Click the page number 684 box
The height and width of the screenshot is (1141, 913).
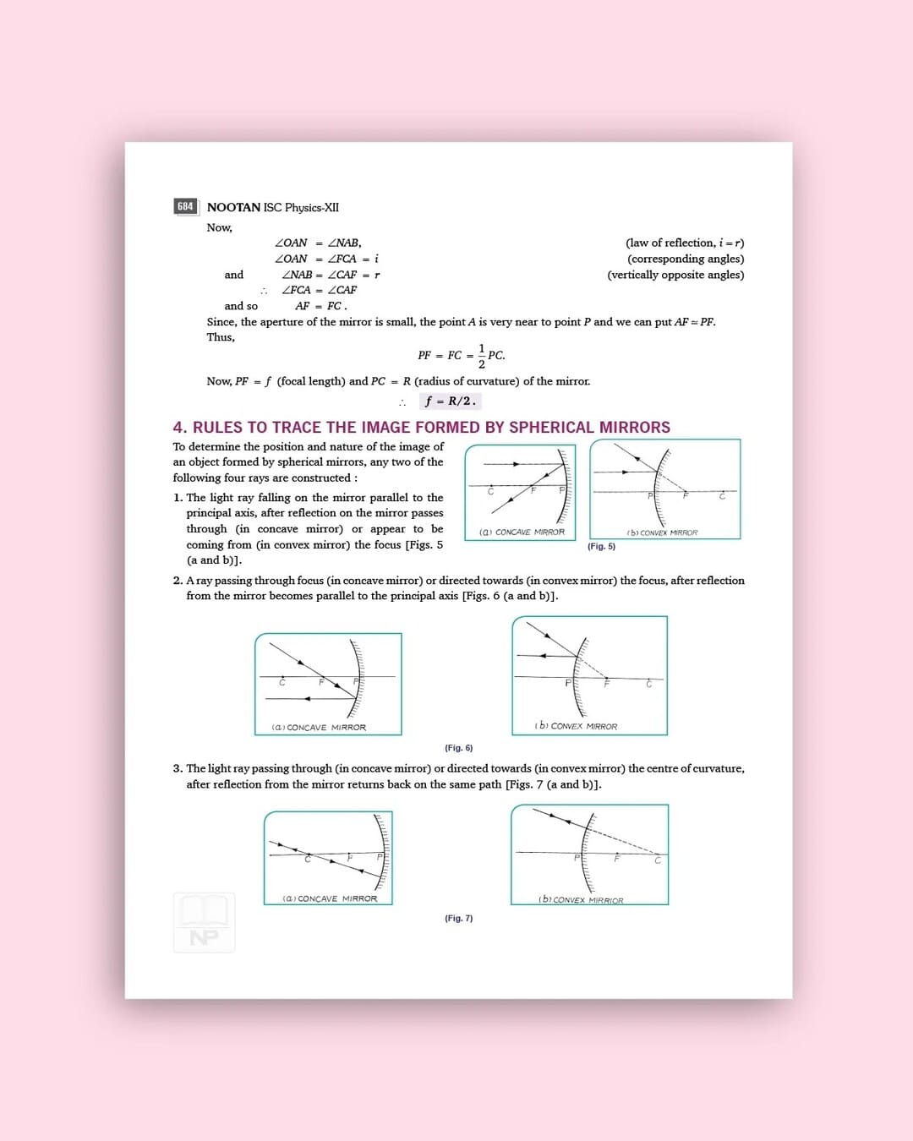pyautogui.click(x=185, y=206)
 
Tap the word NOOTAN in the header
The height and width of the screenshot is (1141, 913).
pyautogui.click(x=233, y=207)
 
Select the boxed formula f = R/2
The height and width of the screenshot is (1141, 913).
pyautogui.click(x=451, y=401)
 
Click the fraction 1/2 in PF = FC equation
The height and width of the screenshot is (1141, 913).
pyautogui.click(x=482, y=356)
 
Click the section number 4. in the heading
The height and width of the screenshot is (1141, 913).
pyautogui.click(x=180, y=428)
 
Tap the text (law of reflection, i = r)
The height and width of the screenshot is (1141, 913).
pyautogui.click(x=685, y=243)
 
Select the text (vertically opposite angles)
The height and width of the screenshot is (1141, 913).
pyautogui.click(x=675, y=275)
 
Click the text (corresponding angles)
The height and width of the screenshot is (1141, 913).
pyautogui.click(x=686, y=259)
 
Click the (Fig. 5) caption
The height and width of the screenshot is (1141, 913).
pyautogui.click(x=601, y=547)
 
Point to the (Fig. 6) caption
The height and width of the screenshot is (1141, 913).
pyautogui.click(x=459, y=748)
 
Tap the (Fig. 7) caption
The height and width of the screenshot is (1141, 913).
pyautogui.click(x=459, y=918)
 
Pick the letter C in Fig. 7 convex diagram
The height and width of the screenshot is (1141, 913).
pyautogui.click(x=657, y=860)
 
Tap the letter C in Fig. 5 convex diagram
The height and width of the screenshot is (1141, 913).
pyautogui.click(x=722, y=496)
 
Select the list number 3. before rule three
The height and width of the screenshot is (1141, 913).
pyautogui.click(x=178, y=768)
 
